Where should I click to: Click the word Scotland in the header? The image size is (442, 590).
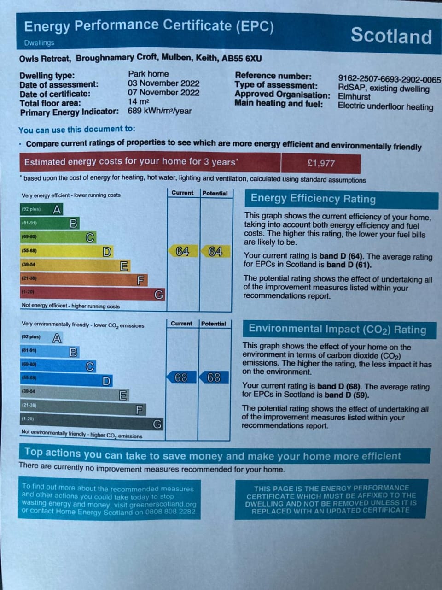click(391, 36)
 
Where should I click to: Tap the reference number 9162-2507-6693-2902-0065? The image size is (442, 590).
click(389, 80)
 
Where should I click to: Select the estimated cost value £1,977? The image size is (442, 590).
click(321, 163)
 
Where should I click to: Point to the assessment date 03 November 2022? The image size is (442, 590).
click(163, 83)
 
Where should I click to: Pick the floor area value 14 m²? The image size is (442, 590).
click(139, 101)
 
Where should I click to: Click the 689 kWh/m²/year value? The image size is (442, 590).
click(159, 111)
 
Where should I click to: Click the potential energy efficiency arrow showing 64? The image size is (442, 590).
click(215, 252)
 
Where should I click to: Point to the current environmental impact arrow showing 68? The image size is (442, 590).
click(181, 378)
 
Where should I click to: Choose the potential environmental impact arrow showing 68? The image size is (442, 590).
click(214, 378)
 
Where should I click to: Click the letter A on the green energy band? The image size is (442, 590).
click(57, 210)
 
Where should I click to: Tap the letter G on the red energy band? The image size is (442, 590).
click(158, 294)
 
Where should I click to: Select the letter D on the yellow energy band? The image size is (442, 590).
click(107, 252)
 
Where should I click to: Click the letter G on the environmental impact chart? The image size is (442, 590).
click(157, 424)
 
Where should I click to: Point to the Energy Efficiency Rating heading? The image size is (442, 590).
click(313, 199)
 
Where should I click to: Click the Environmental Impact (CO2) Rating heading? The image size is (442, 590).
click(337, 329)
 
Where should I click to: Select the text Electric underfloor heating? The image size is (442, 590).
click(385, 106)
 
